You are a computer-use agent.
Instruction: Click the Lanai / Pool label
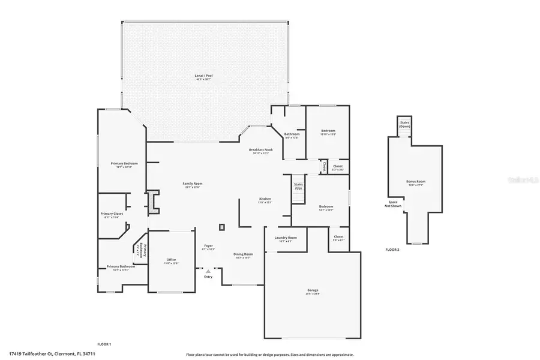point(204,76)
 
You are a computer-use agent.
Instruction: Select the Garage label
point(313,292)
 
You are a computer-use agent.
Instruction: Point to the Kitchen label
point(265,199)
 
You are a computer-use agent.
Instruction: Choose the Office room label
point(171,260)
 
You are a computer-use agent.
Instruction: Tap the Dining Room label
point(244,254)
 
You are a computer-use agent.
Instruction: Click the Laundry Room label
point(286,238)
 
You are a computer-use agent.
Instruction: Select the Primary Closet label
point(112,214)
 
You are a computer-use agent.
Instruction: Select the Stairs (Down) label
point(404,124)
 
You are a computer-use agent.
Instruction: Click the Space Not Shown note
point(392,204)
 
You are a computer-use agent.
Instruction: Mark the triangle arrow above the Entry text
point(208,271)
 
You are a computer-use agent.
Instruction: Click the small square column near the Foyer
point(222,227)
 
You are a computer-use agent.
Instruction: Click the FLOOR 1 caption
point(104,344)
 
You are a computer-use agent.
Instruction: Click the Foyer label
point(208,246)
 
